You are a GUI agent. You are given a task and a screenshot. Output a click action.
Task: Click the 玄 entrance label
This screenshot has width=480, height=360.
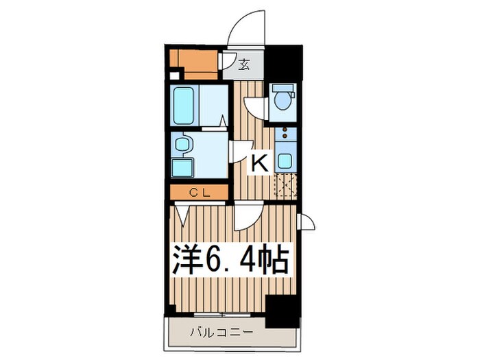point(244,66)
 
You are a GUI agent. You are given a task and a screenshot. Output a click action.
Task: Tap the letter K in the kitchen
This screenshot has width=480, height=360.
point(259,163)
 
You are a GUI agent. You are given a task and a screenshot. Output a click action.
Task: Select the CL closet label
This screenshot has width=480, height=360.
point(199,193)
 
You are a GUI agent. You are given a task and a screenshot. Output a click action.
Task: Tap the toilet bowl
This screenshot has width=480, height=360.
point(281,100)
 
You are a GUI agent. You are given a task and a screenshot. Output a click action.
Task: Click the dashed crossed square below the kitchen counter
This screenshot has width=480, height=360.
point(285,185)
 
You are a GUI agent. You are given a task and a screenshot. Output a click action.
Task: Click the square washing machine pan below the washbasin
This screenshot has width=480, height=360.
point(183,167)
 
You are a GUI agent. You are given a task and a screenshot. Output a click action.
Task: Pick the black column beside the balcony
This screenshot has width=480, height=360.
point(280,311)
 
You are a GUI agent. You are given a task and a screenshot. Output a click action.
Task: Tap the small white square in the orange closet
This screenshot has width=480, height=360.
point(175,75)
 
